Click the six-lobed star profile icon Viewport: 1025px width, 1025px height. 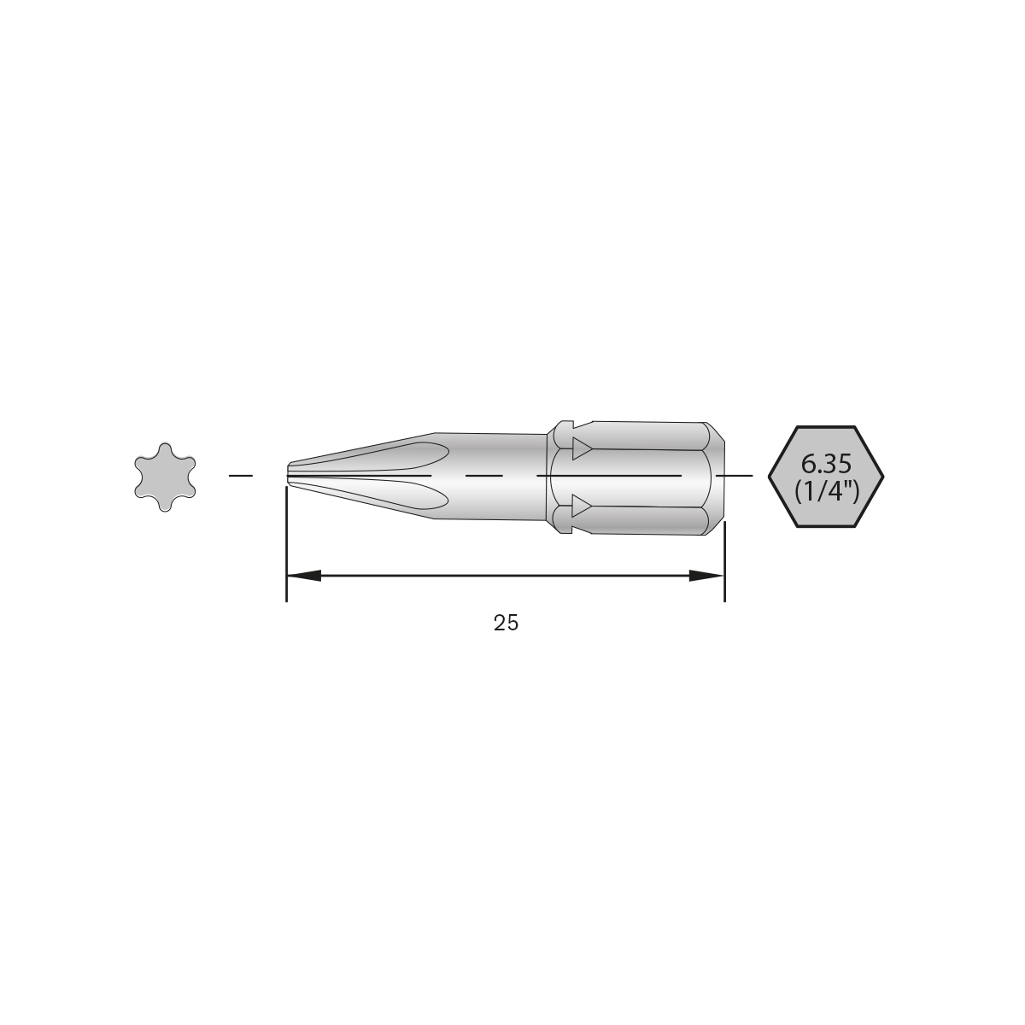click(165, 475)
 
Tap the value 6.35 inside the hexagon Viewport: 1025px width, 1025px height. click(826, 465)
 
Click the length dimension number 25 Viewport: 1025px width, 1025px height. click(506, 624)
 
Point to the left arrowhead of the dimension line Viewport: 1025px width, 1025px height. click(304, 577)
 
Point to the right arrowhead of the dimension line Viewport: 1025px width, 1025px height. click(706, 577)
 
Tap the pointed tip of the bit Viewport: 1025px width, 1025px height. click(289, 474)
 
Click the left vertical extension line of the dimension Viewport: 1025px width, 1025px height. click(286, 547)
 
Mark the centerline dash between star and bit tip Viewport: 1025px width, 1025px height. click(241, 474)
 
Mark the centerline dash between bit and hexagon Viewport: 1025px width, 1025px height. click(735, 474)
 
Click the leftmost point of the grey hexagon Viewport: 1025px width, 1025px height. click(770, 475)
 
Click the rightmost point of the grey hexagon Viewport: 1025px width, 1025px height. click(883, 475)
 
